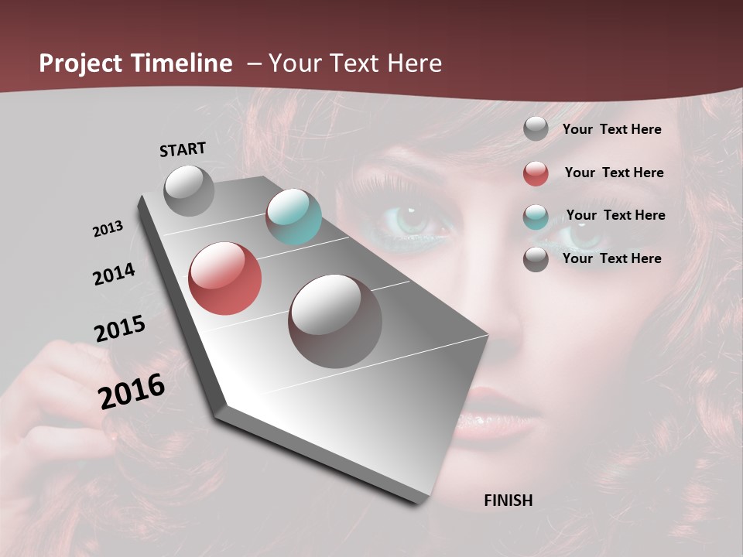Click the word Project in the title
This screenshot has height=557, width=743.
coord(81,63)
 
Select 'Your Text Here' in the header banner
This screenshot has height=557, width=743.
coord(355,63)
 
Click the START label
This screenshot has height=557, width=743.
coord(183,149)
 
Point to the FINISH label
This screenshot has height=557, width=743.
coord(508,501)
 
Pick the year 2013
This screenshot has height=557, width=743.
coord(108,229)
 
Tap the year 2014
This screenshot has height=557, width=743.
coord(114,275)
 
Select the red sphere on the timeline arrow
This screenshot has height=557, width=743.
coord(224,278)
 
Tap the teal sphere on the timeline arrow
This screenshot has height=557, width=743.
coord(293,217)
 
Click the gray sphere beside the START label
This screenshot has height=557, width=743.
coord(189,190)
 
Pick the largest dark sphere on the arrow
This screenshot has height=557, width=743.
coord(334,321)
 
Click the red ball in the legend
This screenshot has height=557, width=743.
coord(536,173)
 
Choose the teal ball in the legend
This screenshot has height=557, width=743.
coord(536,217)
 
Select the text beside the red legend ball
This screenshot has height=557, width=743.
coord(614,173)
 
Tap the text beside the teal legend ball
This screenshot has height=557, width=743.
coord(615,215)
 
